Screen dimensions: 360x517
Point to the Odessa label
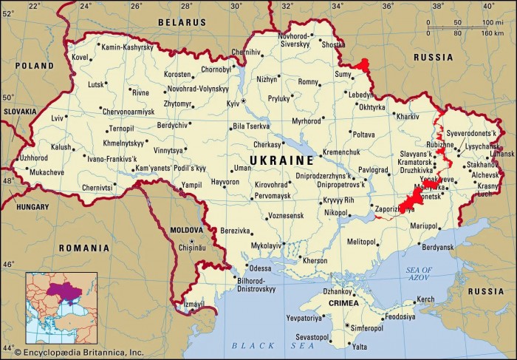(x=259, y=268)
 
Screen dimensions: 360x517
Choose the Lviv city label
(x=57, y=118)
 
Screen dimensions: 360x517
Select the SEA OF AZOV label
(x=418, y=274)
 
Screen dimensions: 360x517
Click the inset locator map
(x=61, y=308)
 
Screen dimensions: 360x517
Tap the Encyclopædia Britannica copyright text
(x=74, y=353)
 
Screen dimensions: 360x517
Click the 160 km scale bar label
(x=492, y=33)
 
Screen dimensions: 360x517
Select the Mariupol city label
(x=425, y=225)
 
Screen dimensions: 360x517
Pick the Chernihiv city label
(x=247, y=52)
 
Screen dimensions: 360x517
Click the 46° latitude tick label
(x=8, y=264)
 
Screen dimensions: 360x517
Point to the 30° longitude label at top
(x=236, y=7)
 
